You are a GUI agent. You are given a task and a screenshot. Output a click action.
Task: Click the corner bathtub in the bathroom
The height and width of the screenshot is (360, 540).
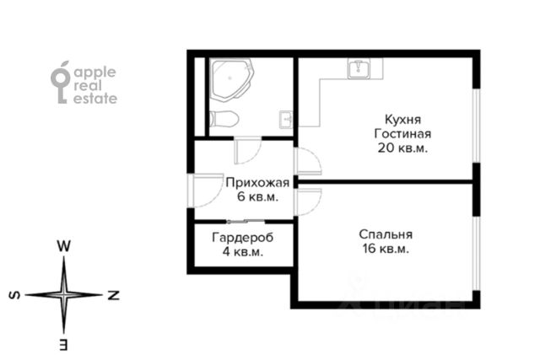coord(231,80)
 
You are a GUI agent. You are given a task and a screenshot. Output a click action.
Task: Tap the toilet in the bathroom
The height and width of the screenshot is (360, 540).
coord(224,119)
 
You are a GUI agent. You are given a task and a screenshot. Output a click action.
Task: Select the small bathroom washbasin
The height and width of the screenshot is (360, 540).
coord(286,120)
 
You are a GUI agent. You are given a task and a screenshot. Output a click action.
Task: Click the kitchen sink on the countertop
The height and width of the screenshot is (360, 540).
coord(359,68)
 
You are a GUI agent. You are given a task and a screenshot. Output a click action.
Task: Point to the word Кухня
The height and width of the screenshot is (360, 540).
coord(402,120)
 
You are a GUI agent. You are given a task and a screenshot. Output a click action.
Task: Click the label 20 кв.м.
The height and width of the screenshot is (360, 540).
coord(402,148)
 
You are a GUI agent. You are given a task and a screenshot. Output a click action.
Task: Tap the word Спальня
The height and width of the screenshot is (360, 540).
coord(386,234)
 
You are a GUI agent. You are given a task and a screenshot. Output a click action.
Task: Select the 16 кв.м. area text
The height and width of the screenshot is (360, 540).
coord(386,249)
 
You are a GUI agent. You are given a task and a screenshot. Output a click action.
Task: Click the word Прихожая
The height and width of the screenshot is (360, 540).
coord(257,183)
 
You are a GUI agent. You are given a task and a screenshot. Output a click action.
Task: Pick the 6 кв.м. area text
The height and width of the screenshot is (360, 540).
coord(257,197)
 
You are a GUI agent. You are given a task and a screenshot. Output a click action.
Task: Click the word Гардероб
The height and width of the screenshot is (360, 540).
coord(242,238)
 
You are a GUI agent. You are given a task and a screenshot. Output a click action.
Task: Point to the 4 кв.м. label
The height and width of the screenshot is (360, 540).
coord(242,252)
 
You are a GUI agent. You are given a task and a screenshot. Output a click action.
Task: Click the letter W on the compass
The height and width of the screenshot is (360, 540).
coord(64,246)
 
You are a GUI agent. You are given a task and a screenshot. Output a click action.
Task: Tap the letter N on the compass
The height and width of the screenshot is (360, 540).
coord(113,295)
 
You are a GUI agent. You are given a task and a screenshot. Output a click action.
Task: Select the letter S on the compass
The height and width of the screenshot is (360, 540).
coord(14,295)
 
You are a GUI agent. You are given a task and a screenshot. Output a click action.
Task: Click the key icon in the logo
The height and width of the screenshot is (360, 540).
coord(61,83)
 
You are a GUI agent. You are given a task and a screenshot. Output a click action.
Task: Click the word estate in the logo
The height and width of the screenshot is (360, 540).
coord(95,99)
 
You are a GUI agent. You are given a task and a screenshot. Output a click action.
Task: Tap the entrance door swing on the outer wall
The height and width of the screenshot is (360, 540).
coord(206,191)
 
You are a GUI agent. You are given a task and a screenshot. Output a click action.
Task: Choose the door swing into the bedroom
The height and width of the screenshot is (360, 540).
coord(308,202)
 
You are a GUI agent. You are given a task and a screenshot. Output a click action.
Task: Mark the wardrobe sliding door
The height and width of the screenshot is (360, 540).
coord(246,221)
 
